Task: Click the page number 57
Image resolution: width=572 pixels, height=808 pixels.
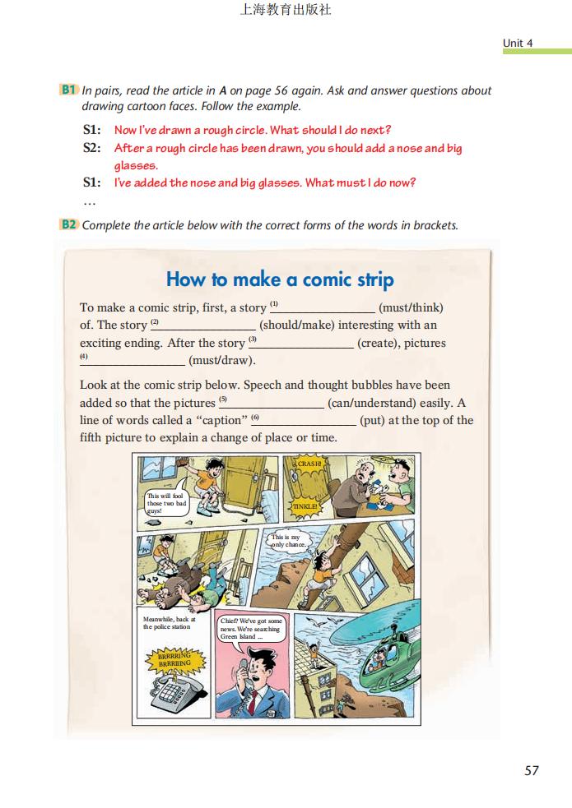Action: coord(531,770)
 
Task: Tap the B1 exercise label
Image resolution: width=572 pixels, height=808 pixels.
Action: coord(69,90)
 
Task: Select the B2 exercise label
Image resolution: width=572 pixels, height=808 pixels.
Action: coord(69,224)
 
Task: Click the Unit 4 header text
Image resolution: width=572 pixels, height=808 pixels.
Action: coord(518,43)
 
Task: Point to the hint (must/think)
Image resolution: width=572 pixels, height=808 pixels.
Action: coord(410,307)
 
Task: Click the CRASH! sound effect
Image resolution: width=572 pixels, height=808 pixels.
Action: coord(309,464)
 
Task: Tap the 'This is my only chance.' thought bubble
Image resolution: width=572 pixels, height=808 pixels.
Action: coord(289,540)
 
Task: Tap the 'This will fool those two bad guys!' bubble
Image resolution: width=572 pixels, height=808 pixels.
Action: coord(165,503)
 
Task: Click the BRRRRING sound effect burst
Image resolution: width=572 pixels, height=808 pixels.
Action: coord(174,659)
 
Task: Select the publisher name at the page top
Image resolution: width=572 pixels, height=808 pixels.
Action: coord(285,11)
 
